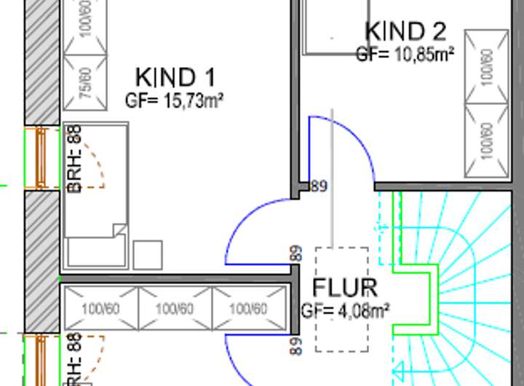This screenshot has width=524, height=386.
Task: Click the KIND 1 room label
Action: (175, 76)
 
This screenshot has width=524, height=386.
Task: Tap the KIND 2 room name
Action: (405, 31)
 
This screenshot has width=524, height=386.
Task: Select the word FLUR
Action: (344, 288)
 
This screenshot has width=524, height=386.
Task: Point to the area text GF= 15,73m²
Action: (174, 101)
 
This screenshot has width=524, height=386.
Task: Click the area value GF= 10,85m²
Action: (405, 54)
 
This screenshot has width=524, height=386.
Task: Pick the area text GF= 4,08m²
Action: (345, 310)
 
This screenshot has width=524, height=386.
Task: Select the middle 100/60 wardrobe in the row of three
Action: (175, 309)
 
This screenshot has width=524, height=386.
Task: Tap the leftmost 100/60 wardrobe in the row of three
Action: (100, 309)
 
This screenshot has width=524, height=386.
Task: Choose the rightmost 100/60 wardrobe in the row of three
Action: (248, 309)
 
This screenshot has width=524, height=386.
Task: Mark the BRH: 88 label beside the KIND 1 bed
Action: (74, 159)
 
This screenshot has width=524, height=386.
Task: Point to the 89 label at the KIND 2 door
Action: (319, 186)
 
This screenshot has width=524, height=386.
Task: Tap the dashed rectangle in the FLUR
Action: (341, 299)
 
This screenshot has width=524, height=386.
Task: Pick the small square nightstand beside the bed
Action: (147, 255)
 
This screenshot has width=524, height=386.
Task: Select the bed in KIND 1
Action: (95, 197)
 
